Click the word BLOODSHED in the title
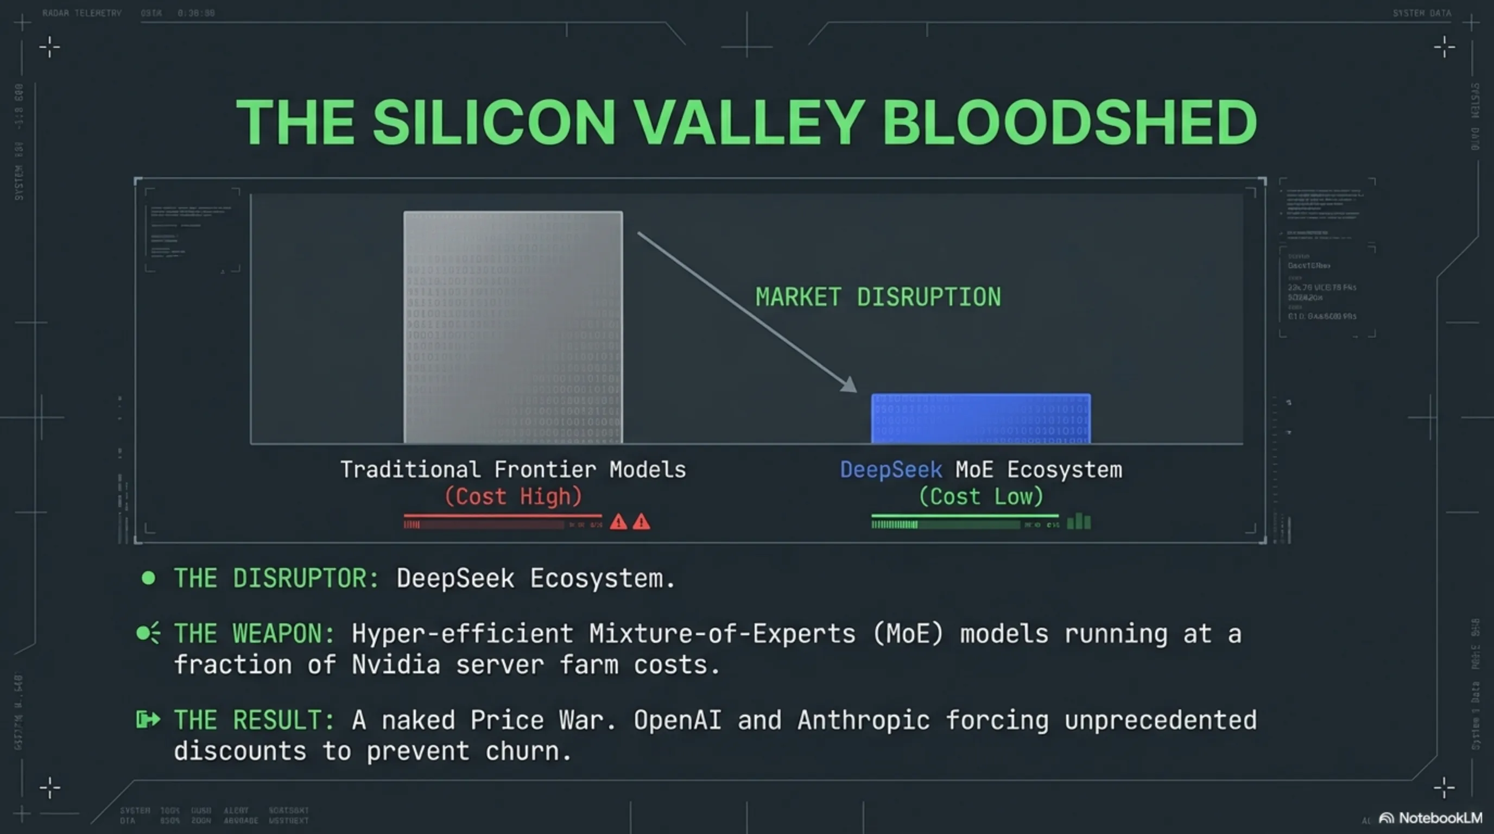[1069, 122]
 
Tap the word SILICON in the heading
[493, 122]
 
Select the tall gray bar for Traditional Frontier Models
[512, 328]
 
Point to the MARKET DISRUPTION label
[877, 297]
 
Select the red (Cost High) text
[512, 496]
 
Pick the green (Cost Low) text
[981, 496]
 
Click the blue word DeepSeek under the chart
[891, 469]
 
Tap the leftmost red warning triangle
[618, 522]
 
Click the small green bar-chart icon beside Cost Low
[1079, 521]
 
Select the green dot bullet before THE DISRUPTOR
[148, 578]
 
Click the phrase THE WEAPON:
[255, 633]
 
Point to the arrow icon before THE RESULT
[148, 720]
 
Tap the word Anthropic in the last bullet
[864, 721]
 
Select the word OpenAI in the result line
[677, 721]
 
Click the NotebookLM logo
[1431, 818]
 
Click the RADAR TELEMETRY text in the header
[82, 12]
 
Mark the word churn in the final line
[528, 751]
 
